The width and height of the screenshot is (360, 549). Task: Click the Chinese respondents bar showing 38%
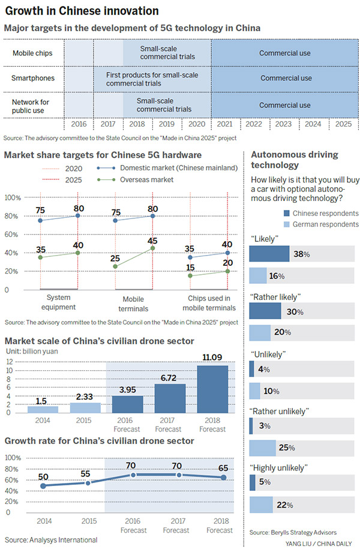coord(269,254)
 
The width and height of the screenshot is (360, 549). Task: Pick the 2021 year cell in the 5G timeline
coord(225,124)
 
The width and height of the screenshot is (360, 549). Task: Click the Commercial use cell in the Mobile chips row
coord(284,53)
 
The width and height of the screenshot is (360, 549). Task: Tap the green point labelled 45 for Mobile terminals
coord(152,248)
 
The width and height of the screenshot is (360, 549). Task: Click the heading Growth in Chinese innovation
coord(82,10)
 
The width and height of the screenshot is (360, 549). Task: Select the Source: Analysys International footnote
coord(50,540)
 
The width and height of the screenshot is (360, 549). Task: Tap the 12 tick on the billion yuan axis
coord(9,362)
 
